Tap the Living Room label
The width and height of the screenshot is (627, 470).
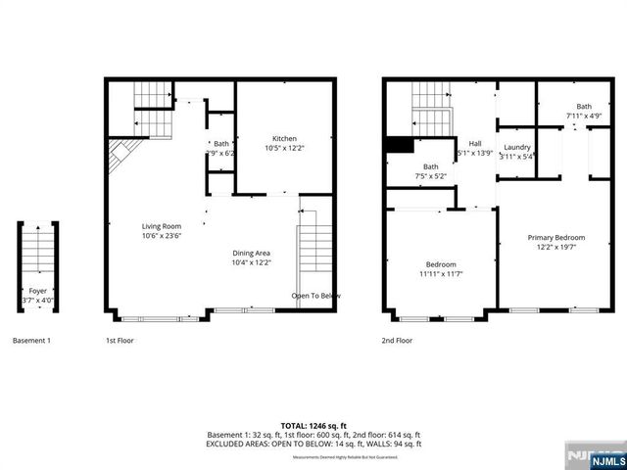pos(162,226)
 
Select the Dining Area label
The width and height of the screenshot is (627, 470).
pos(251,253)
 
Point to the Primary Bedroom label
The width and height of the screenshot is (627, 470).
pos(555,238)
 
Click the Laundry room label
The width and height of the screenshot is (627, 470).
pos(516,148)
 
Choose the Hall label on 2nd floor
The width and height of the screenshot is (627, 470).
pos(475,143)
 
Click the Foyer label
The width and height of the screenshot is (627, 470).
pos(38,291)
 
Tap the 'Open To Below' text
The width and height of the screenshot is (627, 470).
pos(315,296)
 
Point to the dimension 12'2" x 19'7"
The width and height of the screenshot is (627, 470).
pos(555,247)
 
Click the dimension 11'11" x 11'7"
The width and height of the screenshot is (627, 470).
pos(439,274)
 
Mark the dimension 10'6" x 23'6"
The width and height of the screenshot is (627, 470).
pos(162,235)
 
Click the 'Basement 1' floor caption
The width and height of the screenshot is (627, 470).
pos(31,341)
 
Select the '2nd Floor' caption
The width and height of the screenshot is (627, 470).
pos(397,341)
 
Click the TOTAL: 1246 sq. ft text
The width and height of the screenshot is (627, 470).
pos(313,426)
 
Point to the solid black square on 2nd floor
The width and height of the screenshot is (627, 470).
pos(398,145)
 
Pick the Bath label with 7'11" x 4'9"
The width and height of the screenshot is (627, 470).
pos(584,107)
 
